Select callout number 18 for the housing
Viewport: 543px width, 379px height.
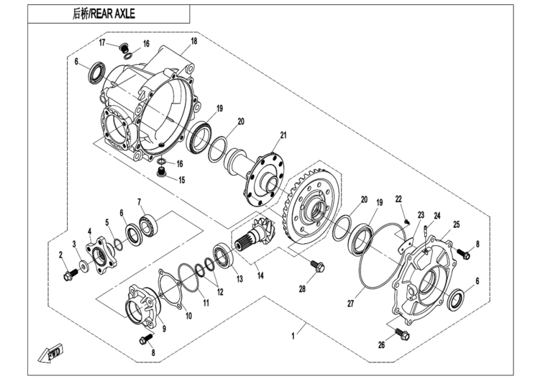tap(194, 41)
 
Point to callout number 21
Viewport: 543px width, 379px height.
tap(283, 135)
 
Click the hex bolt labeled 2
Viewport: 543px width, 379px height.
tap(68, 275)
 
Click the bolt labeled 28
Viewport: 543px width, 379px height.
tap(318, 267)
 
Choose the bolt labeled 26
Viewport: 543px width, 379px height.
tap(401, 332)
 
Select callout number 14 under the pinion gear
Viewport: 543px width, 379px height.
tap(258, 276)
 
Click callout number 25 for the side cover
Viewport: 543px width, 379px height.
tap(456, 224)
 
